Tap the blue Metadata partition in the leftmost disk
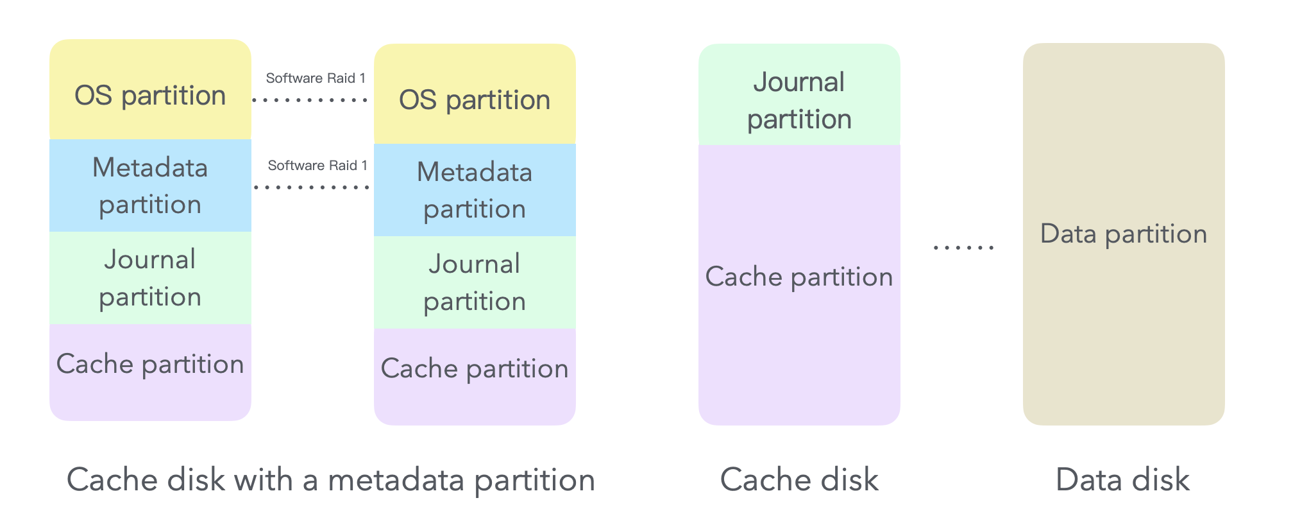pos(150,185)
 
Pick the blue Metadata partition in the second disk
pos(475,190)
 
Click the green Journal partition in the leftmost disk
pos(150,278)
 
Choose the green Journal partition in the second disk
pos(475,282)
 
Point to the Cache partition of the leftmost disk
pos(150,372)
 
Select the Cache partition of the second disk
pos(475,376)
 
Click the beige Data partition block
pos(1124,234)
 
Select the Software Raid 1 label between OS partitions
pos(316,78)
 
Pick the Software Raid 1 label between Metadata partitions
pos(317,166)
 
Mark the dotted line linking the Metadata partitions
pos(312,187)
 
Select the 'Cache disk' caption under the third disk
pos(799,480)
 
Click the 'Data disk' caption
pos(1122,480)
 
